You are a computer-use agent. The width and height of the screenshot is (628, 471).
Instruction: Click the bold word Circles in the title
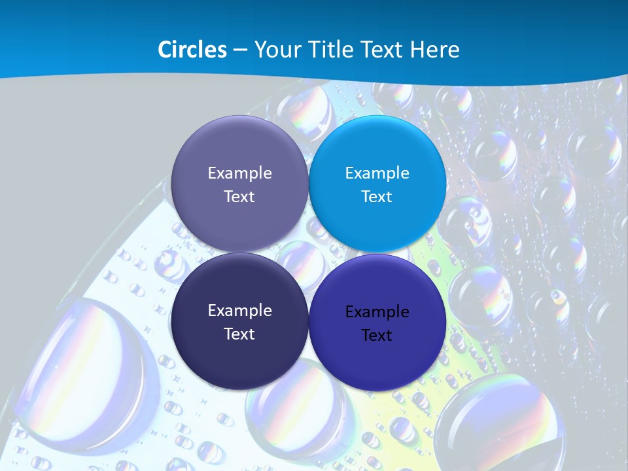coord(192,50)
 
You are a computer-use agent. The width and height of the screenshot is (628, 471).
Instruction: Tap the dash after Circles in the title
coord(240,50)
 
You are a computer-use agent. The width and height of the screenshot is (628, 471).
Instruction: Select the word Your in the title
coord(275,50)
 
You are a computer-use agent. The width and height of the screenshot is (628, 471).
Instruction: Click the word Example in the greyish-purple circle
coord(239,173)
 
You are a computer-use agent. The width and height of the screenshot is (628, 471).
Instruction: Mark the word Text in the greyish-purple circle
coord(239,196)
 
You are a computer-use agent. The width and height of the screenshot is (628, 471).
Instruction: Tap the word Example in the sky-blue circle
coord(377,173)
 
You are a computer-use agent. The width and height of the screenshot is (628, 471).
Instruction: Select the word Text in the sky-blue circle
coord(377,196)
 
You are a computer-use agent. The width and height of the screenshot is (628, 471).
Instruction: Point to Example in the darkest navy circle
coord(239,310)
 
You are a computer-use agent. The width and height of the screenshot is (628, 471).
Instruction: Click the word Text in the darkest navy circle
coord(239,334)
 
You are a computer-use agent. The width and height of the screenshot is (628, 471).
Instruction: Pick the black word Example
coord(377,311)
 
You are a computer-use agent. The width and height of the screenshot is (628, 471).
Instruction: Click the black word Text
coord(377,335)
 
